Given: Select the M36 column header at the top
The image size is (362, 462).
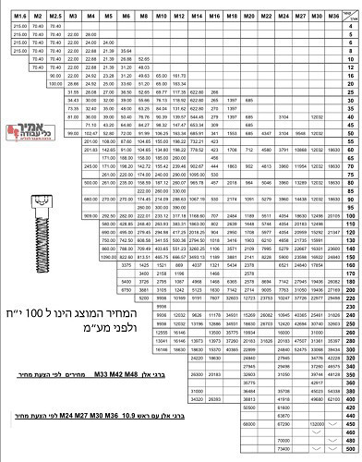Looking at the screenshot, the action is pos(315,16).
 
